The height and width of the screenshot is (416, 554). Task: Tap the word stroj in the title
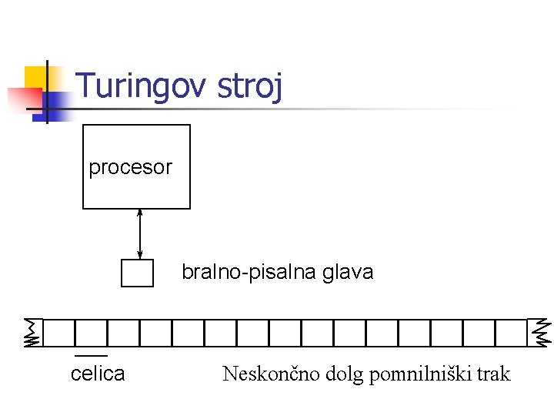(250, 86)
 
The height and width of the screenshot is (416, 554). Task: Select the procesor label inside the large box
(130, 167)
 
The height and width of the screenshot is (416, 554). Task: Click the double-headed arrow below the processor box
(139, 234)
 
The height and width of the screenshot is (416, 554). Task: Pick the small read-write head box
(137, 273)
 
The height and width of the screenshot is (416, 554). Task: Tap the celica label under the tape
(98, 374)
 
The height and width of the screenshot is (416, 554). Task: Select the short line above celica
(92, 356)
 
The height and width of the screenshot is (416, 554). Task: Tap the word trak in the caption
(492, 374)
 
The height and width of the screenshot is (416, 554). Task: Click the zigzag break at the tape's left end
(32, 333)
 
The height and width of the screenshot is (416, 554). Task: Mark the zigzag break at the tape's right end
(542, 332)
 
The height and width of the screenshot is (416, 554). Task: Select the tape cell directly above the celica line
(91, 333)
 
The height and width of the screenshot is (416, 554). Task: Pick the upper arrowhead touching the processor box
(139, 213)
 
